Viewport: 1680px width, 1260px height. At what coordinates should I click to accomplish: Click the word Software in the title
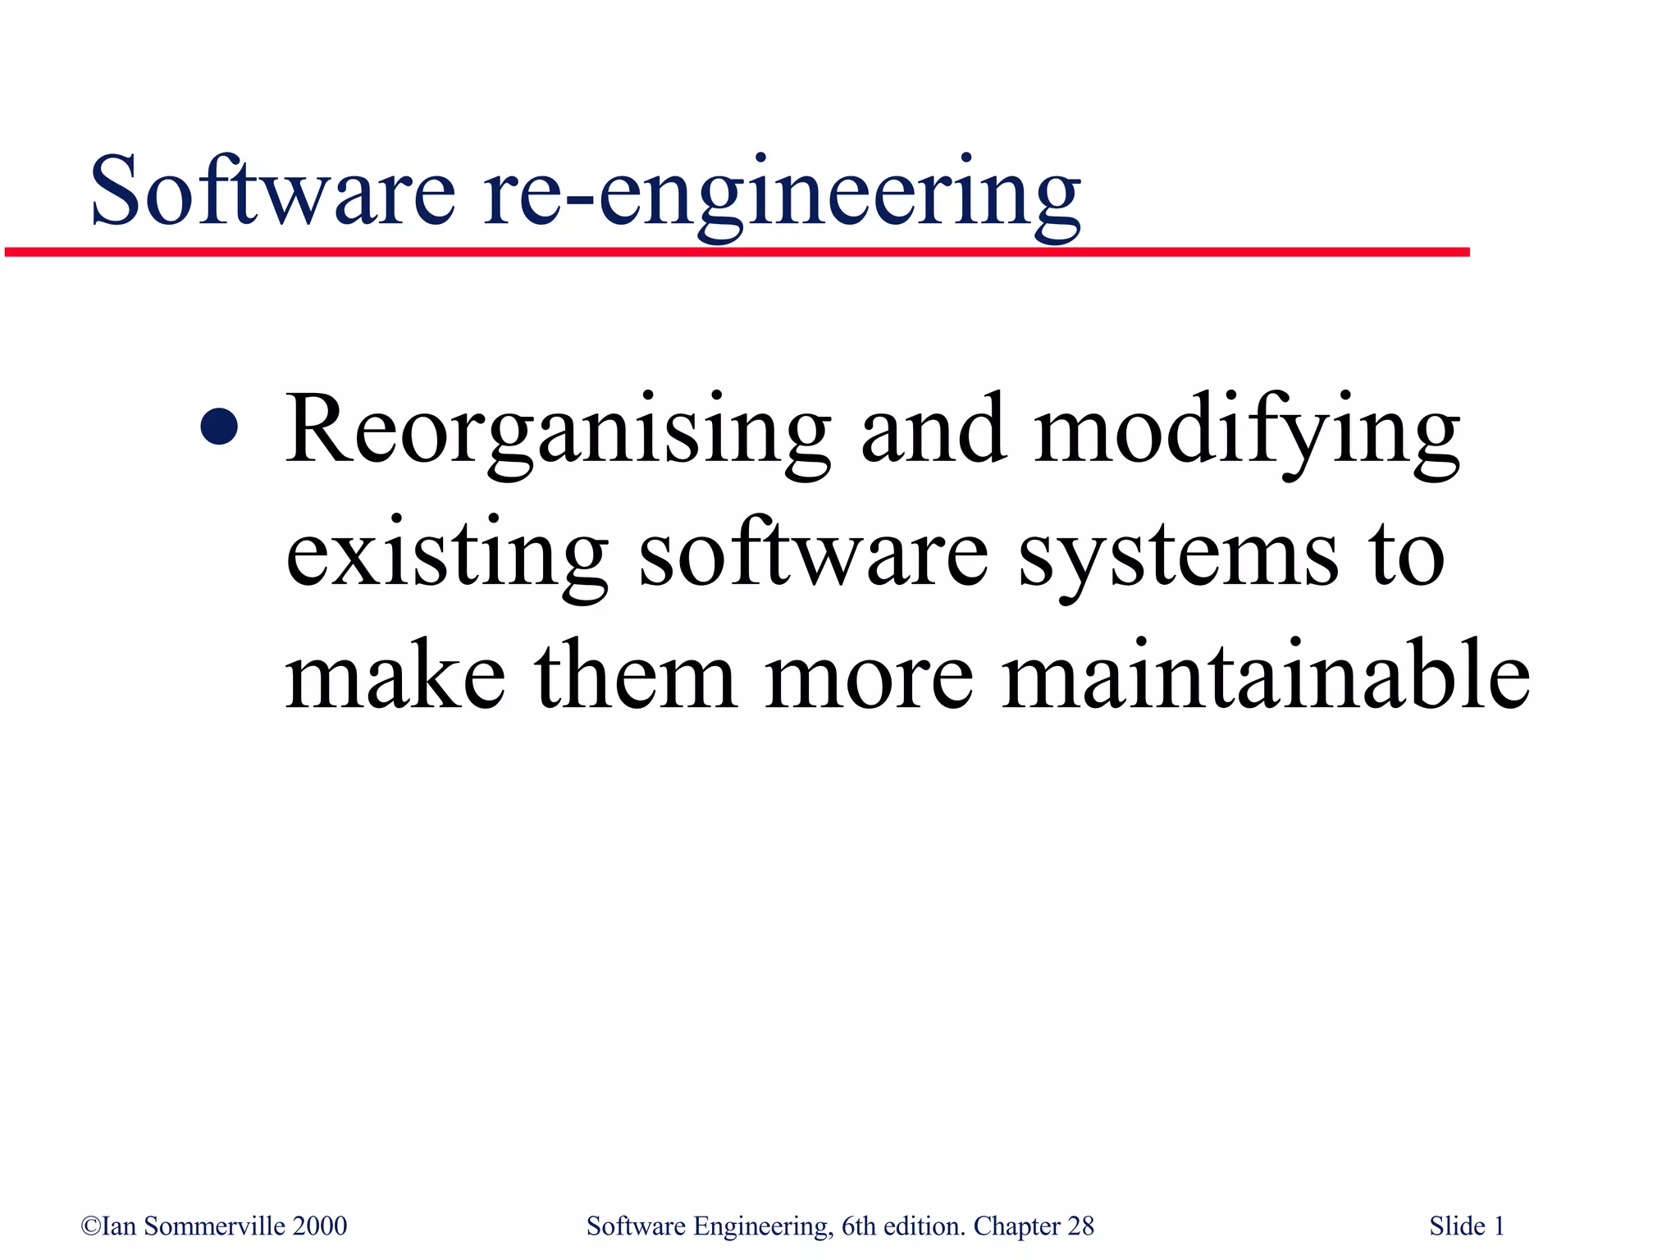coord(272,192)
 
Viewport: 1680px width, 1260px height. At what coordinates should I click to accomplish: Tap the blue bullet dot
coord(219,427)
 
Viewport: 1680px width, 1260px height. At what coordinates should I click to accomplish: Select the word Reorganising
coord(557,431)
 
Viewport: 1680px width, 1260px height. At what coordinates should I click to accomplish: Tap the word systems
coord(1178,558)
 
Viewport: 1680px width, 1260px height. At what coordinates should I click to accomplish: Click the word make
coord(395,676)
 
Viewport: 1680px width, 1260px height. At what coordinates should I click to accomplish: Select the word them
coord(636,676)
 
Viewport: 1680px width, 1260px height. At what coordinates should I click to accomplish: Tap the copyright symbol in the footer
coord(90,1226)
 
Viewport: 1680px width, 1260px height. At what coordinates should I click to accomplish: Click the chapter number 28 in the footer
coord(1080,1226)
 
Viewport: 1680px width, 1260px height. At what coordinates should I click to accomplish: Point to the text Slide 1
coord(1467,1226)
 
